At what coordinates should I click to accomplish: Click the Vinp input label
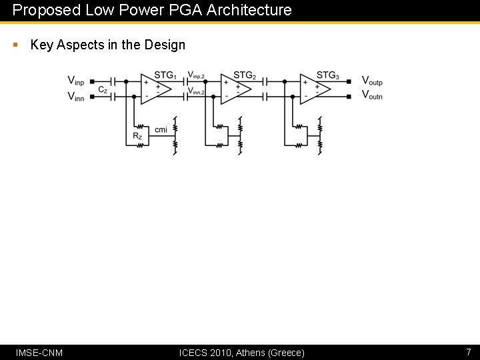pos(76,81)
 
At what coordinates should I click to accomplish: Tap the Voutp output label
pos(372,81)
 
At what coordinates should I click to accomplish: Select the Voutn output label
pos(372,96)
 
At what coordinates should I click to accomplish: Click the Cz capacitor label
pos(103,89)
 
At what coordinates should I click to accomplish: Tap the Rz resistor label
pos(137,136)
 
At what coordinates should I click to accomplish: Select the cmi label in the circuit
pos(161,129)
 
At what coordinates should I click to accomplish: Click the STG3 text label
pos(327,75)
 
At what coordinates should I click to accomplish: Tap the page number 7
pos(469,352)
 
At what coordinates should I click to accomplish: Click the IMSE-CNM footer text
pos(39,353)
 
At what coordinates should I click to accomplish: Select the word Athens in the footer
pos(251,353)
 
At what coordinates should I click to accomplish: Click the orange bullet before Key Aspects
pos(15,45)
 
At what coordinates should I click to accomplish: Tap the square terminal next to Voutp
pos(349,81)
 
